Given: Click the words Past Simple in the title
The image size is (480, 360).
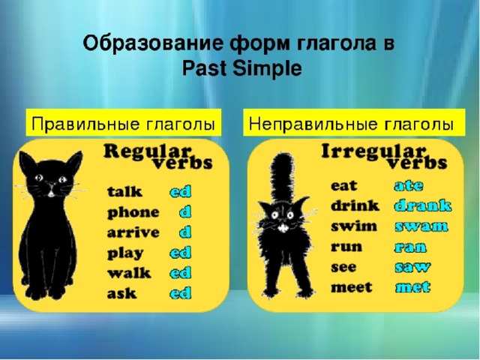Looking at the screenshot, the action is click(241, 68).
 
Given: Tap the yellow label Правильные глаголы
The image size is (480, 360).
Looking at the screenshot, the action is click(123, 122).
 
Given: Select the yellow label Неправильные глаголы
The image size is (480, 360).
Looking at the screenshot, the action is click(354, 122).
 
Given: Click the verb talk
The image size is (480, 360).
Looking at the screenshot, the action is click(124, 192).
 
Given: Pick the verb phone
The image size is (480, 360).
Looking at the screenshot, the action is click(133, 213).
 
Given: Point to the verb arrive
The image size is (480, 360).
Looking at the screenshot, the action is click(133, 232).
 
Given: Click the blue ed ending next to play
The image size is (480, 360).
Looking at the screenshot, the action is click(181, 253).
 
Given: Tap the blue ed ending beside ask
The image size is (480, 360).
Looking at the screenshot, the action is click(181, 293).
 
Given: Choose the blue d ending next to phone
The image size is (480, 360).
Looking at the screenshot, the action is click(185, 212).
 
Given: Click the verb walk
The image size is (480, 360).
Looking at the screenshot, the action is click(129, 273).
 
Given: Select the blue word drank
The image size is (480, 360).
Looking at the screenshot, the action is click(423, 205).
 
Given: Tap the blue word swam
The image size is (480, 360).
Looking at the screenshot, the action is click(421, 226).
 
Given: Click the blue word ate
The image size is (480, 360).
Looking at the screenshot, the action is click(409, 186).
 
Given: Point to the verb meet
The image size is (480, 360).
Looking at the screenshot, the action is click(352, 287).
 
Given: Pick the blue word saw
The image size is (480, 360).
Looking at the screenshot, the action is click(412, 267).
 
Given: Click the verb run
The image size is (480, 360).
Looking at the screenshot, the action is click(346, 247).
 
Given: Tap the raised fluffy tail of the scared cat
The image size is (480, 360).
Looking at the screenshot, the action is click(282, 178).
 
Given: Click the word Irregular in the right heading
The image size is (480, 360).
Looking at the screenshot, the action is click(373, 152).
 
